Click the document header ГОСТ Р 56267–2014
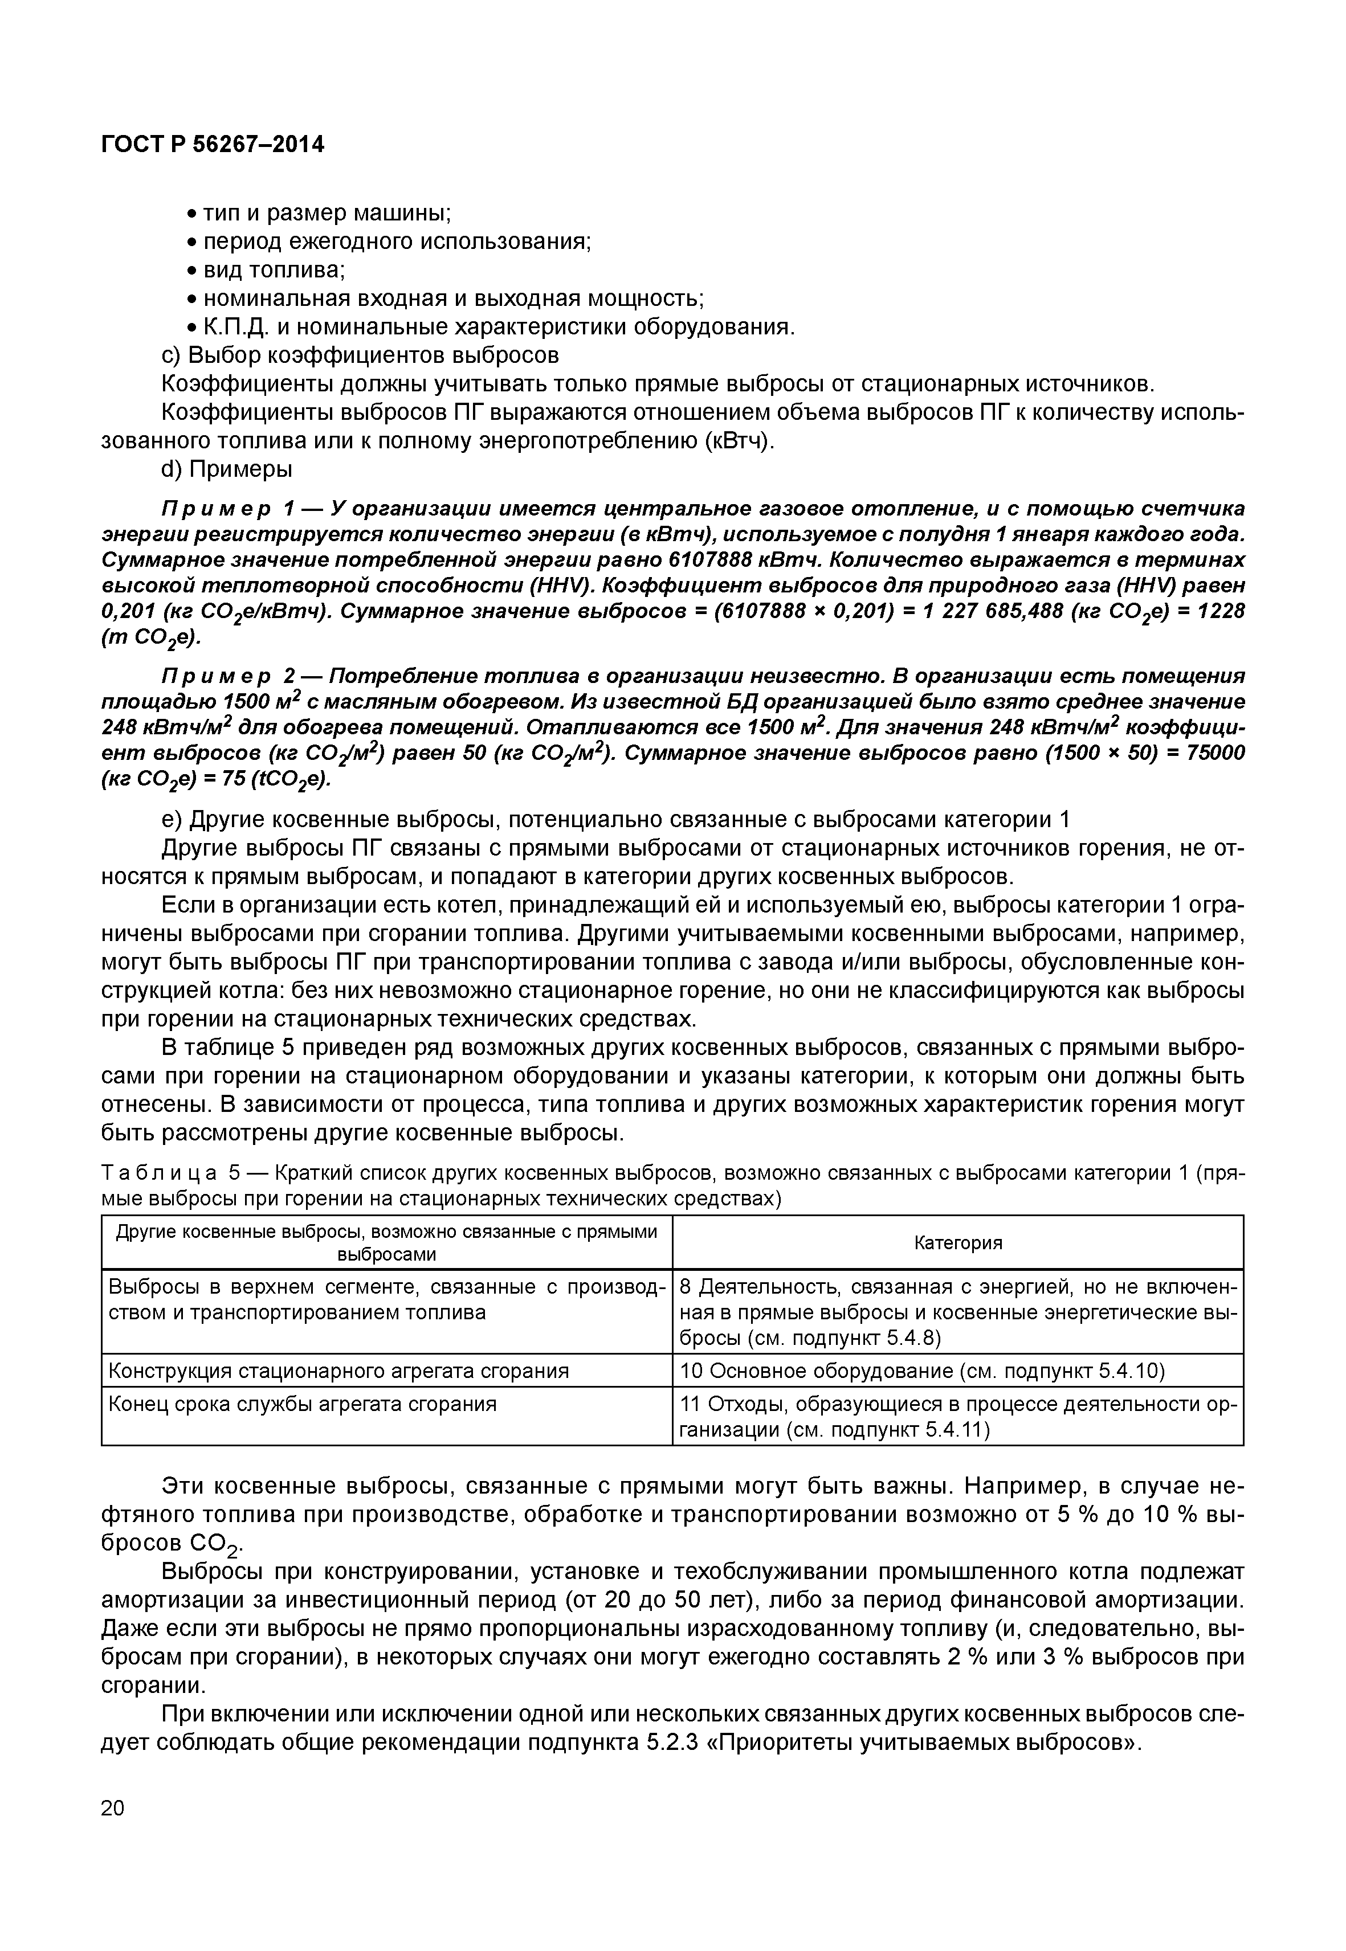[213, 145]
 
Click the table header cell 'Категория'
[958, 1243]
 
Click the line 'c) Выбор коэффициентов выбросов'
[360, 354]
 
